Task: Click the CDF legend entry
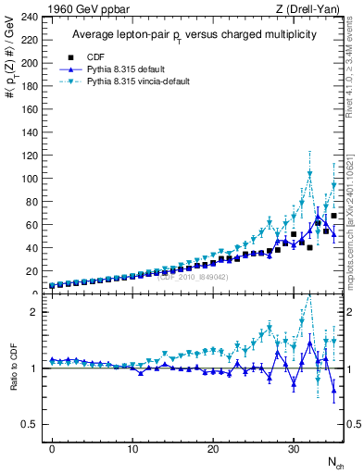point(92,57)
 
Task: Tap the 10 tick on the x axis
point(132,449)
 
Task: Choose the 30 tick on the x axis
point(294,449)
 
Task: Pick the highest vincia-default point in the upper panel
point(309,173)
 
